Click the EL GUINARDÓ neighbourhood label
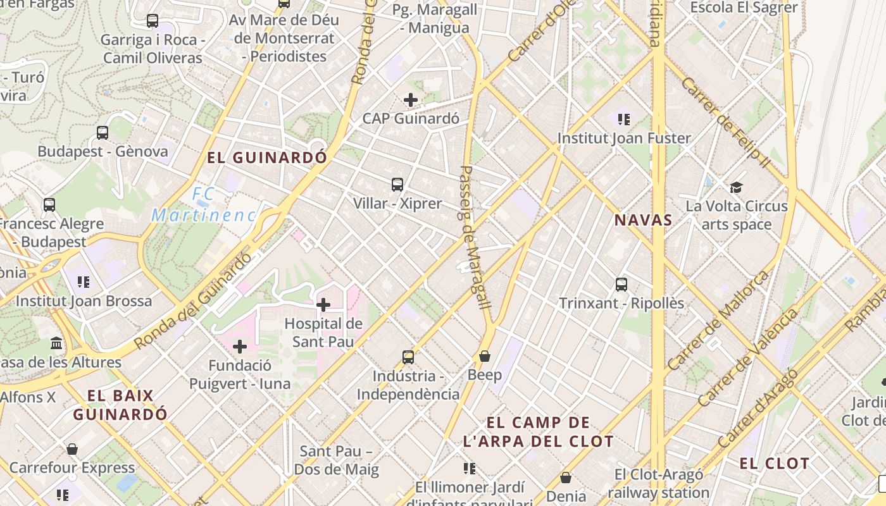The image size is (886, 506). point(267,157)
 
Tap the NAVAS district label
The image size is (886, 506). point(643,220)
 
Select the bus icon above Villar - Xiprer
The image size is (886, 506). point(397,185)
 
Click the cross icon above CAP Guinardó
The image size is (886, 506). point(411,99)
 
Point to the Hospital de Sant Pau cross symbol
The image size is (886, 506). point(323,305)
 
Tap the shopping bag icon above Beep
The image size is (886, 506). point(485,356)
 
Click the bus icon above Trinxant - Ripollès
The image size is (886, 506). point(621,284)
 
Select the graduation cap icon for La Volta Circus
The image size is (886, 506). point(736,187)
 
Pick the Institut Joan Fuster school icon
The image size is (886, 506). point(625,119)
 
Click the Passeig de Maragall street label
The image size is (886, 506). point(476,237)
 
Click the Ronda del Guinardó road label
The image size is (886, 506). point(193,301)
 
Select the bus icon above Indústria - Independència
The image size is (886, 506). point(408,357)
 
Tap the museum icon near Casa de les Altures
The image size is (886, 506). point(56,343)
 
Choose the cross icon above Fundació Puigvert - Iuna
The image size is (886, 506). point(240,347)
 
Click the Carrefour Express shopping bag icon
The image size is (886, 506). point(72,449)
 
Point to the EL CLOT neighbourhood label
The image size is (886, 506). point(775,463)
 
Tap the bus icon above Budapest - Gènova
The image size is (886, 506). point(103,133)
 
